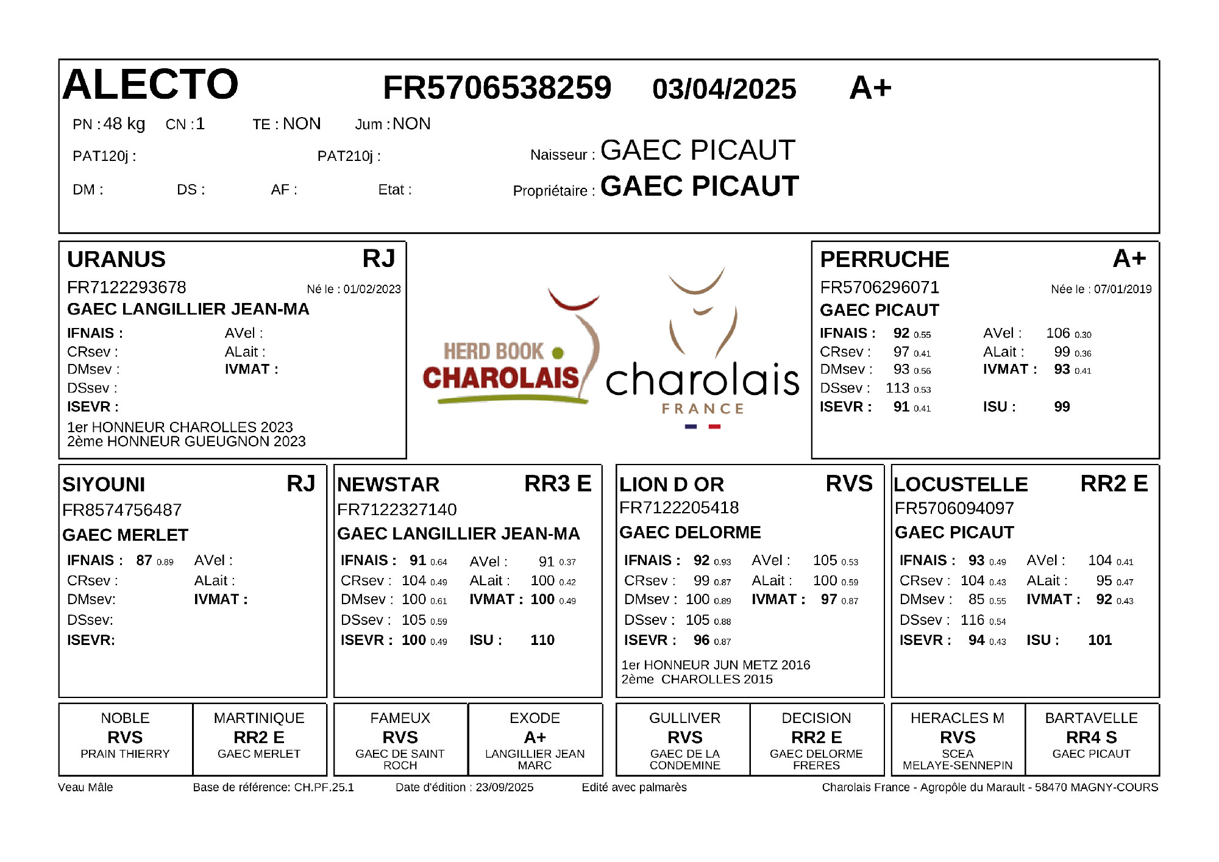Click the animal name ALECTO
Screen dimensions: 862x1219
coord(150,84)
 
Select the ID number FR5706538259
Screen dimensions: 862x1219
coord(497,88)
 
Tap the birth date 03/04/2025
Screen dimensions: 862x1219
coord(724,89)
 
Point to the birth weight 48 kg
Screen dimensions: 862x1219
coord(124,124)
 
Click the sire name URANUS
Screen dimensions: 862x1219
coord(116,259)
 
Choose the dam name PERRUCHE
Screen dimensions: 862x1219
coord(884,259)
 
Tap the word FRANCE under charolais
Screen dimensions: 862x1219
coord(703,408)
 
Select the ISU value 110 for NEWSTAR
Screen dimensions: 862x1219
coord(542,640)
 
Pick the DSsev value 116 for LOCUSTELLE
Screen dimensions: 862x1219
coord(972,620)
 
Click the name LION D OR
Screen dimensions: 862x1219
coord(671,485)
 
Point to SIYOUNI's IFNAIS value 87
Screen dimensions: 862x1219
coord(144,560)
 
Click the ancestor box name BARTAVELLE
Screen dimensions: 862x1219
coord(1091,718)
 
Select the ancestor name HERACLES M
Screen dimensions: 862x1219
coord(957,718)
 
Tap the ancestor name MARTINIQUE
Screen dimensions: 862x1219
coord(259,718)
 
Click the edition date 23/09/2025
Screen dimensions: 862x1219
coord(504,787)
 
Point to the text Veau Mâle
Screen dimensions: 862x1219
coord(85,787)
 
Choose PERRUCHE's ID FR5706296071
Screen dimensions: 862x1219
coord(880,287)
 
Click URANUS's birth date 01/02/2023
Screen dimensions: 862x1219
coord(372,289)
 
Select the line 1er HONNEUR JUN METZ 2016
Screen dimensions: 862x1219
coord(716,664)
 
